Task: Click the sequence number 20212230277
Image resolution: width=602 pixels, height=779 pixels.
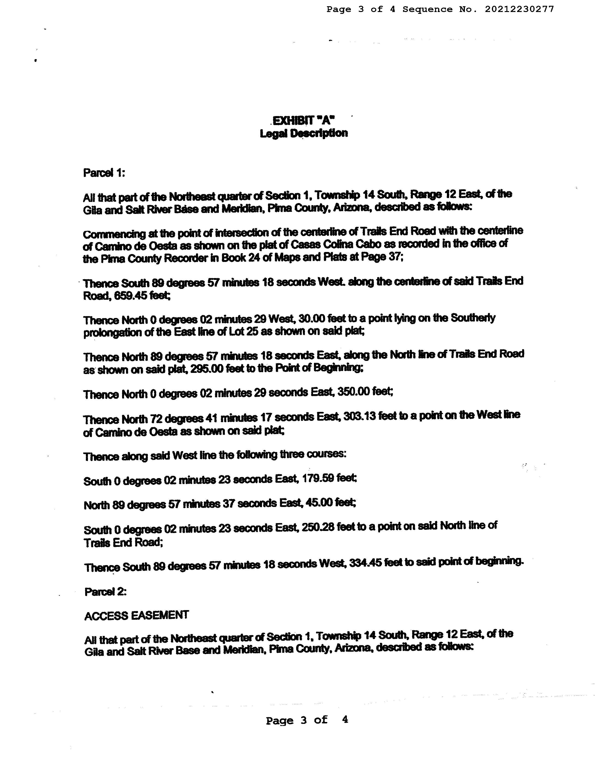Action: tap(519, 9)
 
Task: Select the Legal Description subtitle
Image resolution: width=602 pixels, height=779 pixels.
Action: tap(304, 133)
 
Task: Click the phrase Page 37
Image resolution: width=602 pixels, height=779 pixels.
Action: tap(381, 256)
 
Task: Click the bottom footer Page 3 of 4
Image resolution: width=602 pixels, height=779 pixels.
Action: tap(307, 720)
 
